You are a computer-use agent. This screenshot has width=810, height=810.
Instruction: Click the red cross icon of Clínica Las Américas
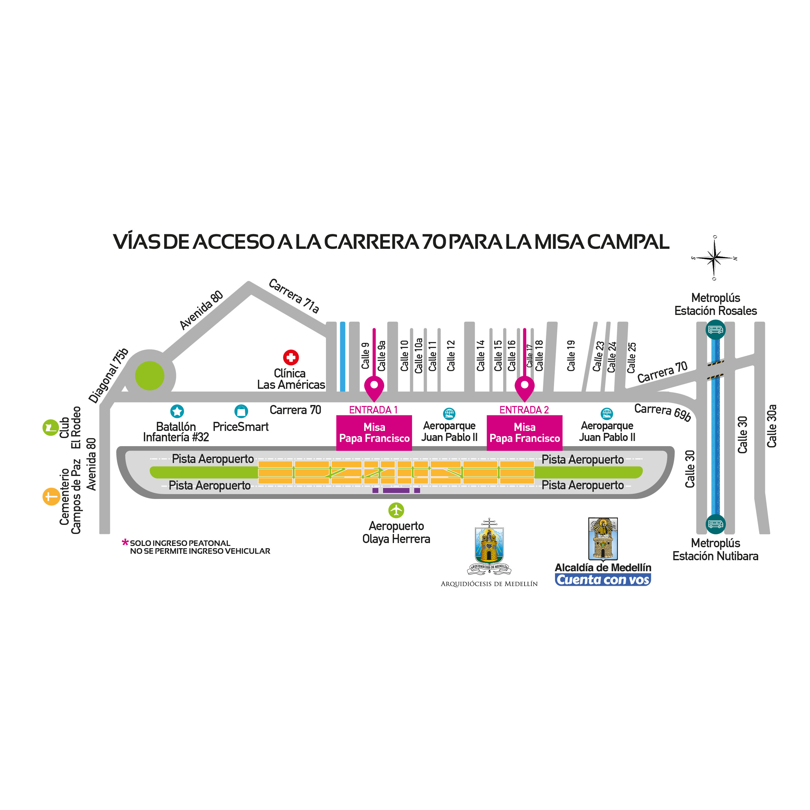click(x=291, y=358)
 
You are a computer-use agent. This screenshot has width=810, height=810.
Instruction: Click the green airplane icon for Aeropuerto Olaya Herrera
click(x=396, y=510)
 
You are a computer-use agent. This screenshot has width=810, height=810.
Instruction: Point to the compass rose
click(x=714, y=258)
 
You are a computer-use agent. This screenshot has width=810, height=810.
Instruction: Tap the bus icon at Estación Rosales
click(x=715, y=330)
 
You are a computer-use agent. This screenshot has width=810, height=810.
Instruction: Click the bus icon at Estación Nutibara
click(x=715, y=524)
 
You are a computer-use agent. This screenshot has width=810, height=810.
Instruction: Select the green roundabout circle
click(x=150, y=376)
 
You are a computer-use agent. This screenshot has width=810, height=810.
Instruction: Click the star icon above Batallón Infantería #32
click(x=177, y=411)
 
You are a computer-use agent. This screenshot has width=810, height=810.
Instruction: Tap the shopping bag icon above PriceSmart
click(x=241, y=411)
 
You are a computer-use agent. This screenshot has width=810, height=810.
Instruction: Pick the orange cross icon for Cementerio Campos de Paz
click(x=51, y=497)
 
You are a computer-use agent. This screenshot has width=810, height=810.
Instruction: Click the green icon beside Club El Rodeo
click(x=50, y=428)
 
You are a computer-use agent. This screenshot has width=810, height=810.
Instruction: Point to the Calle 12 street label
click(x=451, y=355)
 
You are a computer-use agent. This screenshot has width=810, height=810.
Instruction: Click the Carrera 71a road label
click(x=294, y=295)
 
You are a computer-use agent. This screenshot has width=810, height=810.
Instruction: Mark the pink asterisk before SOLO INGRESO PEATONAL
click(x=125, y=542)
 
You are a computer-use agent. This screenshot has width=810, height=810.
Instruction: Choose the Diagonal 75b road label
click(x=108, y=375)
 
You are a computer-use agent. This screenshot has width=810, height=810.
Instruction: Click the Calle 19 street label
click(x=571, y=355)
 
